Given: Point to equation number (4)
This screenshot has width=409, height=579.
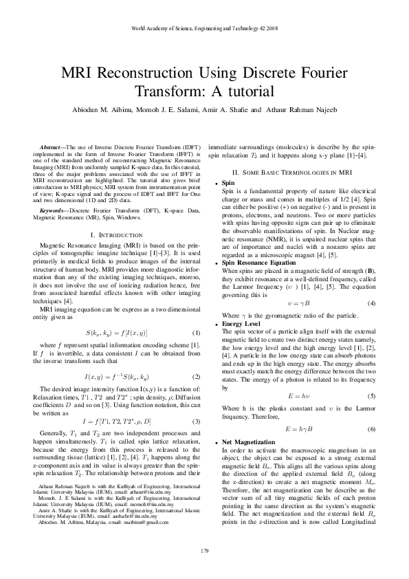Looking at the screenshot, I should pos(371,303).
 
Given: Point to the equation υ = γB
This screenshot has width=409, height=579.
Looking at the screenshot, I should pos(291,303).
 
